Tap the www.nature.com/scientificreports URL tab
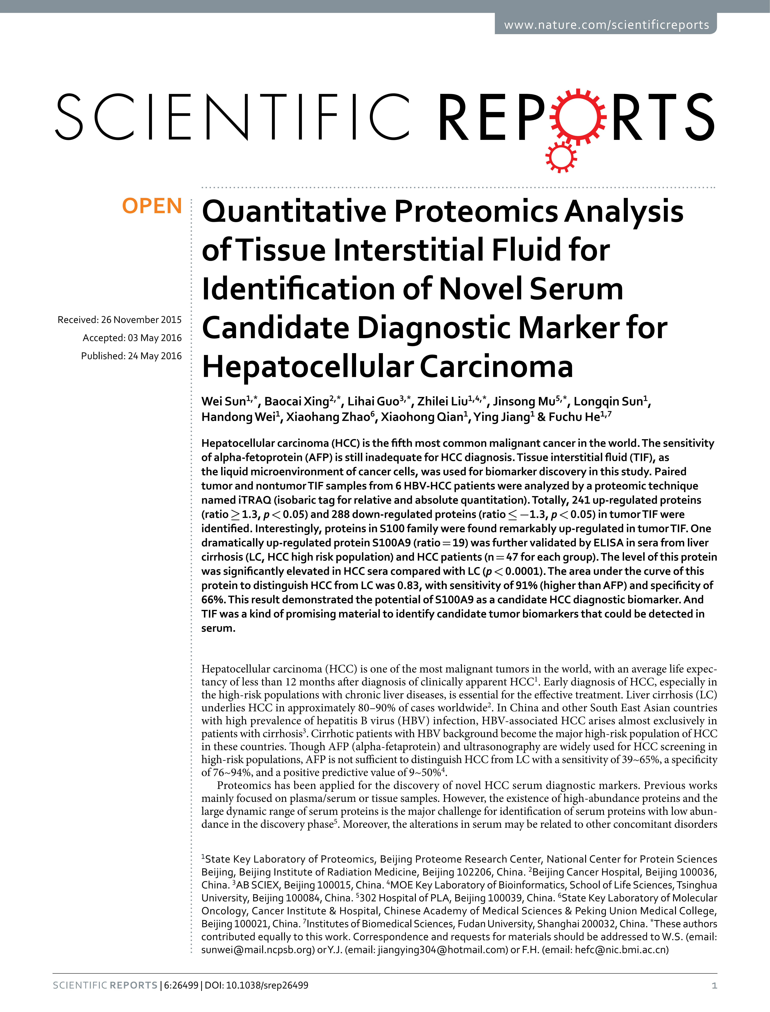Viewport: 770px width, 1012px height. (x=606, y=25)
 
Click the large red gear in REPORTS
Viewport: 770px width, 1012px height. (x=578, y=117)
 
